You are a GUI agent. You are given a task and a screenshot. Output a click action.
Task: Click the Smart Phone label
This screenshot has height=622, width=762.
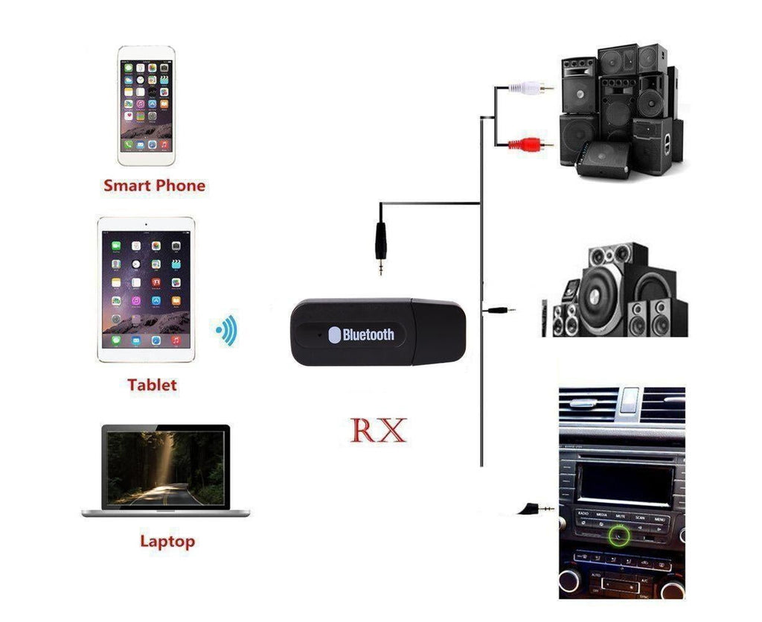coord(154,185)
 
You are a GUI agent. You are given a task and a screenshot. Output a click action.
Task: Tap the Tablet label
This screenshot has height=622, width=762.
coord(152,384)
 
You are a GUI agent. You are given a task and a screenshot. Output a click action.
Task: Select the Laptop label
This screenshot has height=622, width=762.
coord(167,542)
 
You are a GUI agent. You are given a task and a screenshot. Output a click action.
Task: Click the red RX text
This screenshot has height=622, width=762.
coord(378,430)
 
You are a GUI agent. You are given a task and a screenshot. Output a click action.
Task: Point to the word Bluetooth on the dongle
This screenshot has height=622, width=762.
coord(368,334)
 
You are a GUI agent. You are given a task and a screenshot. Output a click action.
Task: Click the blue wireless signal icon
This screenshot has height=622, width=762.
coord(226,330)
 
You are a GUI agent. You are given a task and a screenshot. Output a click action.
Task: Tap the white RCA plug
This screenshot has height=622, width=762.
coord(530,88)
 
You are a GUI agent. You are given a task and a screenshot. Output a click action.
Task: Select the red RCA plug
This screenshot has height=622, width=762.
coord(530,145)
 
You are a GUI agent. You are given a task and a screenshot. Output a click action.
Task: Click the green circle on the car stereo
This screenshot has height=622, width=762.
coord(618,536)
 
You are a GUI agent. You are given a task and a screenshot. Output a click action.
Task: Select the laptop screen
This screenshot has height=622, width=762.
coord(166,467)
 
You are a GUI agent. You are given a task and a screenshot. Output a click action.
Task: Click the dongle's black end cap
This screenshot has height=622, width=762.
coord(439,331)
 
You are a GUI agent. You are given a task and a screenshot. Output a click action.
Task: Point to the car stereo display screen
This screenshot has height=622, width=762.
coord(625,484)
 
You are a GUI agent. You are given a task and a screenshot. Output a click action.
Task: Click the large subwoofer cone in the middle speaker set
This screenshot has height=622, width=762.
coord(595,296)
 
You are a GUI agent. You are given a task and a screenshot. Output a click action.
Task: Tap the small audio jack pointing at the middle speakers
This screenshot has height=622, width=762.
coord(499,310)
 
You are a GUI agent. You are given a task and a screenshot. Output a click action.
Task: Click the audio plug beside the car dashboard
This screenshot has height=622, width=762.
coord(535,510)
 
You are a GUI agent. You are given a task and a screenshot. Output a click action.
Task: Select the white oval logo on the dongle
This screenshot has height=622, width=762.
coord(334,334)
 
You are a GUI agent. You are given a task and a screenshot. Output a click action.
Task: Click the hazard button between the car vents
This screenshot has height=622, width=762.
coord(629,400)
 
